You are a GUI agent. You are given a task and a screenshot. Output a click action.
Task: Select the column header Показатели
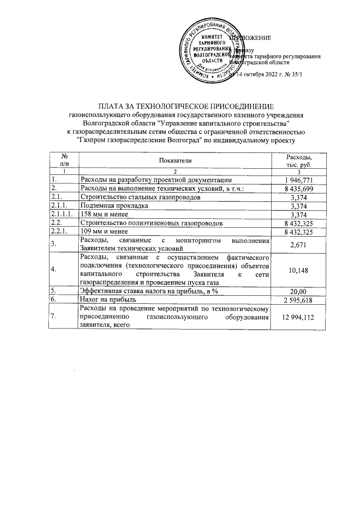coord(175,161)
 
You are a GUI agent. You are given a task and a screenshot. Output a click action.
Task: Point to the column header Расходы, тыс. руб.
coord(299,161)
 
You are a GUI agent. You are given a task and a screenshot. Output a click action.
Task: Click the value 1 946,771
coord(299,179)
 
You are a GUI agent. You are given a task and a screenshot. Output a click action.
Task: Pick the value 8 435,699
coord(299,188)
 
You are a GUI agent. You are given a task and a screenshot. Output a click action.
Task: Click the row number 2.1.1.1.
coord(61,215)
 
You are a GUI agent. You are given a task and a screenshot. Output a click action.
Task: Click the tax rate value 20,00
coord(299,291)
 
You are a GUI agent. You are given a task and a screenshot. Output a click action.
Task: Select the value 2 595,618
coord(299,300)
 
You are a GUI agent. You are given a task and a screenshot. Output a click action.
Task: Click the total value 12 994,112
coord(299,317)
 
